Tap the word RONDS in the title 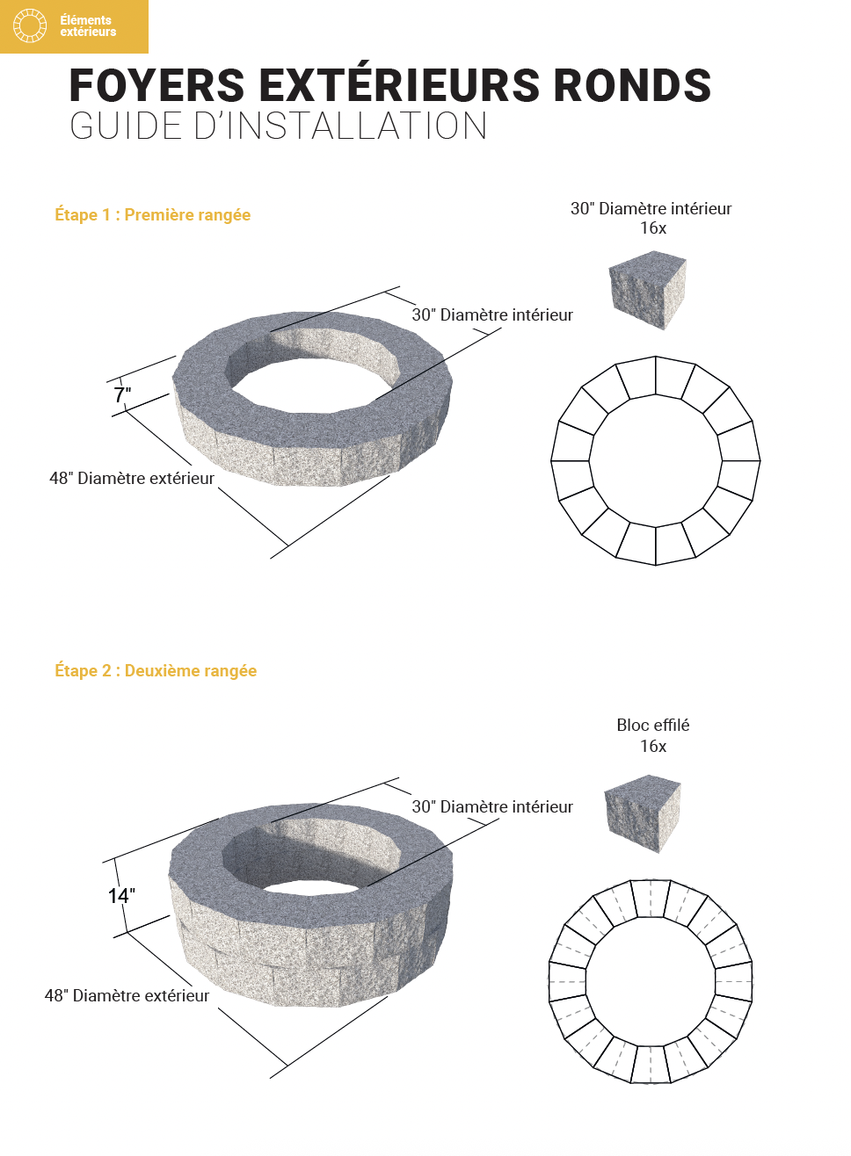631,86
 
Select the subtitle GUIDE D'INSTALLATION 279,126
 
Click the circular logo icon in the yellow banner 30,26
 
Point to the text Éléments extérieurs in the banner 88,26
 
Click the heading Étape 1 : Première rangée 153,215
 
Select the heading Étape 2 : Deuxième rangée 156,671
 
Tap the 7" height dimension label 122,395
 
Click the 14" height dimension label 121,896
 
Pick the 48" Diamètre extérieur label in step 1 132,479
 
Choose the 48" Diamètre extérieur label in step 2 127,996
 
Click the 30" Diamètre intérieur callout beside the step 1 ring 492,315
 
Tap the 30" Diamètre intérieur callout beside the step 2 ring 492,807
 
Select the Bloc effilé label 653,726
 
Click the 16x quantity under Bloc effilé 653,747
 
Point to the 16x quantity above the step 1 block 653,228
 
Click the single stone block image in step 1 648,289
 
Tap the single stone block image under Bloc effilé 643,813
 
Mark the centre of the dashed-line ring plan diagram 651,982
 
